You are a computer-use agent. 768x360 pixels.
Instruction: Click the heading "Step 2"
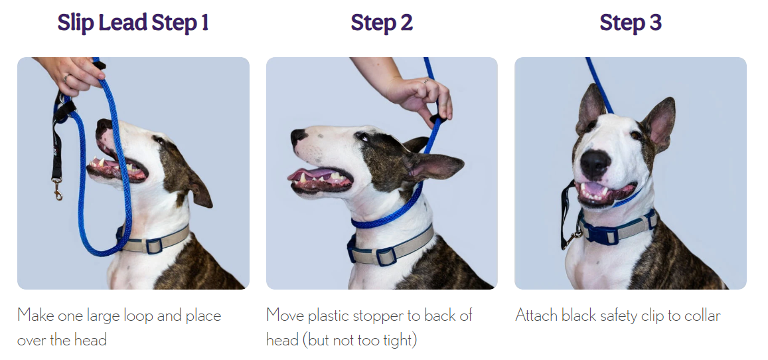382,23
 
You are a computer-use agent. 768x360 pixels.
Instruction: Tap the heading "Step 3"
631,23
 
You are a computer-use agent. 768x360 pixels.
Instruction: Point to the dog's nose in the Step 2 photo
298,137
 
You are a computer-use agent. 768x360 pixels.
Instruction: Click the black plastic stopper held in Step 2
437,118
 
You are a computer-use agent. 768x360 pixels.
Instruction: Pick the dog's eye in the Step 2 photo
362,137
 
